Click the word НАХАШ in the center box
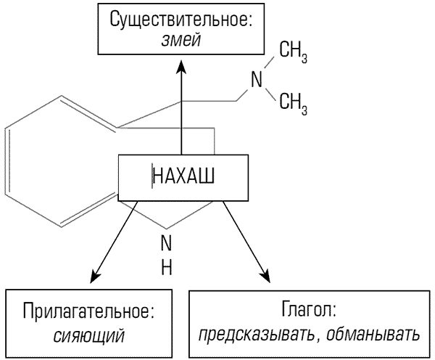point(184,176)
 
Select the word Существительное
point(181,20)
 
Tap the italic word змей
point(181,42)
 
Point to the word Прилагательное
point(89,313)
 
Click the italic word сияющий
point(89,335)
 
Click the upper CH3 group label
point(294,52)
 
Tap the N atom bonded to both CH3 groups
point(256,78)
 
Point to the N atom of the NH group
point(166,242)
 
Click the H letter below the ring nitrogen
point(166,266)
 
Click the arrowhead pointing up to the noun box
point(181,67)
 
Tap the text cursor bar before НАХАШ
point(152,176)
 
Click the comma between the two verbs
point(319,340)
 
